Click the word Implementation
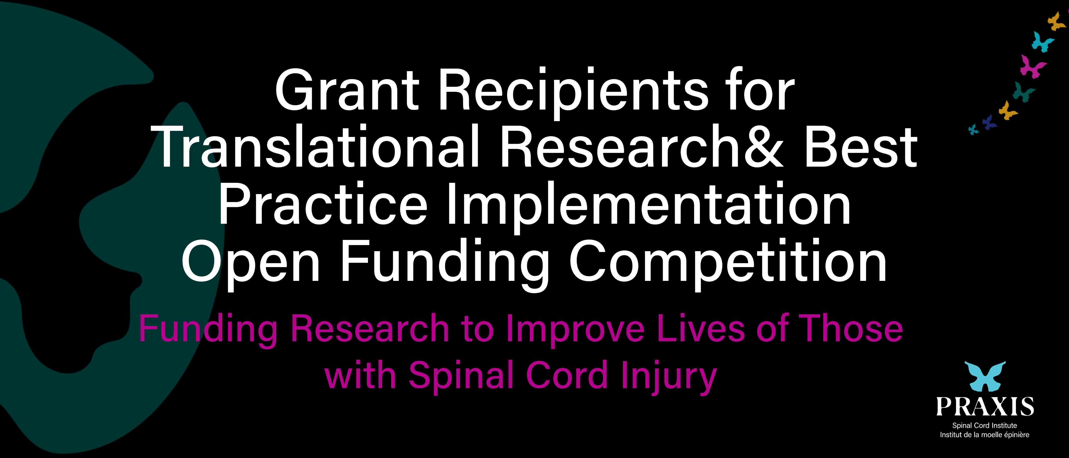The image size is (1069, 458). (649, 207)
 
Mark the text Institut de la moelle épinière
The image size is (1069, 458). (984, 435)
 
